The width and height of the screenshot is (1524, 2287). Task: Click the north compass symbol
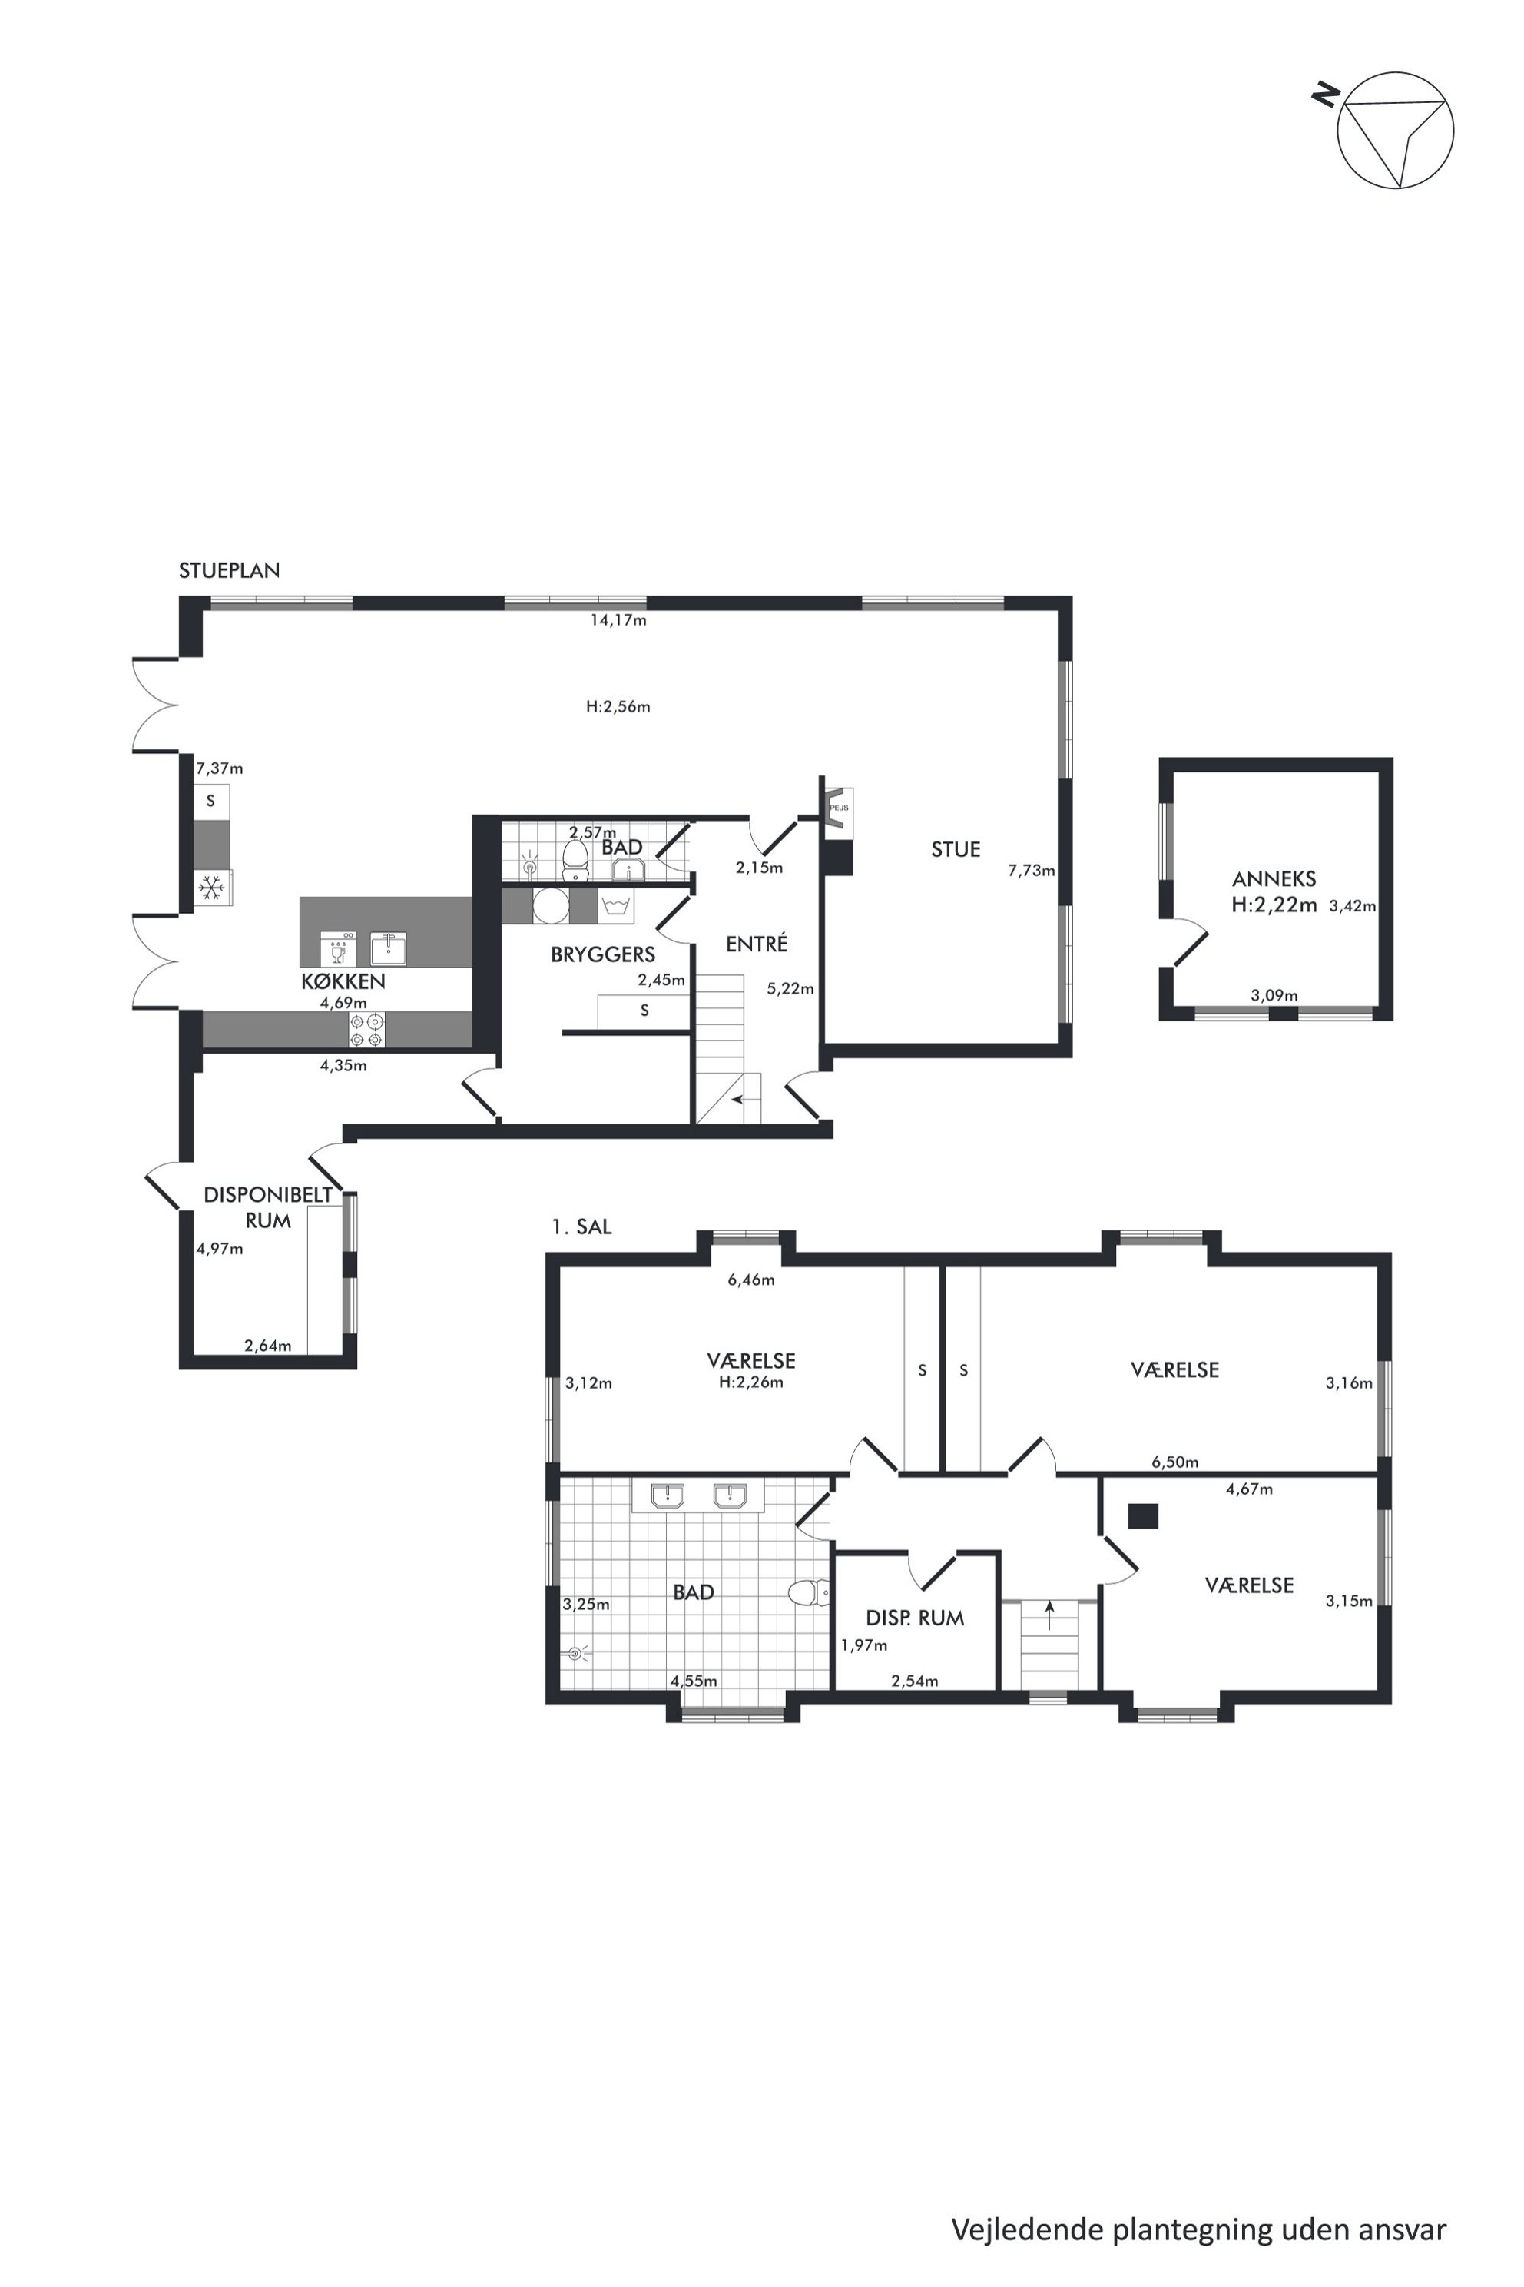[x=1395, y=129]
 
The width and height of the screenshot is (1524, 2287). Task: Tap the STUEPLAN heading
[x=230, y=571]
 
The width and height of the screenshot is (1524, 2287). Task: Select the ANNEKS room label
[x=1274, y=879]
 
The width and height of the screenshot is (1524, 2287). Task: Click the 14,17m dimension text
[x=618, y=620]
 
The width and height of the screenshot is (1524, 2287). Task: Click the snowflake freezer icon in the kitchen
[x=211, y=887]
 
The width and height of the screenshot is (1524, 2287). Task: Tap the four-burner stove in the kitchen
[x=366, y=1031]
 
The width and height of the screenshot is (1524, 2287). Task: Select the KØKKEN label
[x=343, y=981]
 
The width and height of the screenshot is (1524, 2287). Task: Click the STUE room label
[x=956, y=850]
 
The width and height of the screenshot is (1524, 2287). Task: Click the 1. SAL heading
[x=581, y=1227]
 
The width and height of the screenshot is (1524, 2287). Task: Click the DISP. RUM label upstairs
[x=915, y=1618]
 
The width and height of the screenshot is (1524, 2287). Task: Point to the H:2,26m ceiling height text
[x=751, y=1382]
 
